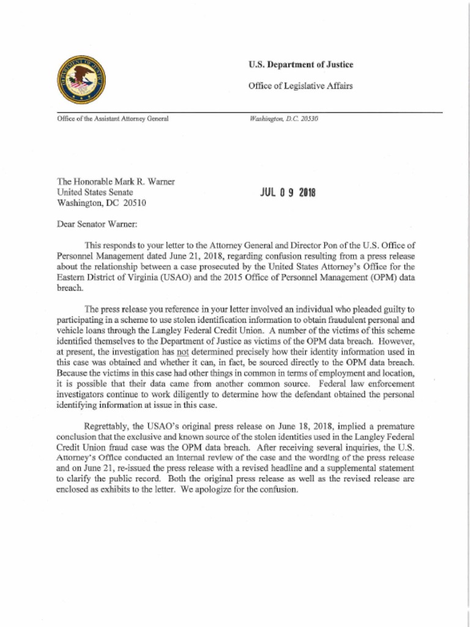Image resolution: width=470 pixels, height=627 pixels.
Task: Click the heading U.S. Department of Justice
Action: pyautogui.click(x=300, y=65)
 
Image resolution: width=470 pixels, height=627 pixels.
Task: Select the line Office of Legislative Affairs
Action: pyautogui.click(x=300, y=86)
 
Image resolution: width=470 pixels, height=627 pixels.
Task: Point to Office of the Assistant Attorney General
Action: pyautogui.click(x=112, y=118)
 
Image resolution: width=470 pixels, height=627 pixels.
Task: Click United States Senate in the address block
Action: pyautogui.click(x=94, y=192)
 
